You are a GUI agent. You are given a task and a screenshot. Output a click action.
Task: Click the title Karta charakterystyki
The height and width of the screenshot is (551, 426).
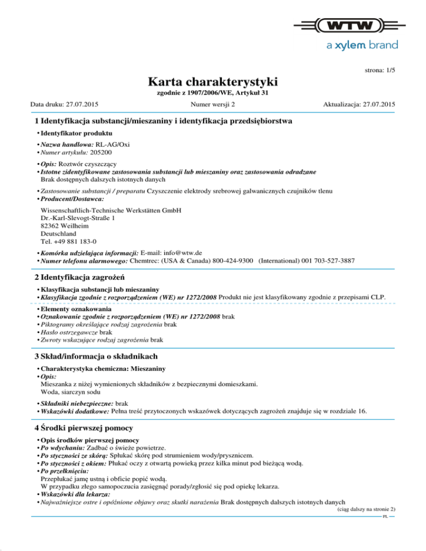(214, 82)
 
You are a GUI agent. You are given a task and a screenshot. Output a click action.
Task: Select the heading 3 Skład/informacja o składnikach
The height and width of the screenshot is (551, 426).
(95, 355)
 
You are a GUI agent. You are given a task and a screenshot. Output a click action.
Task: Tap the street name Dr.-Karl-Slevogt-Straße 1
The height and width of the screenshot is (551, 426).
(78, 219)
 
